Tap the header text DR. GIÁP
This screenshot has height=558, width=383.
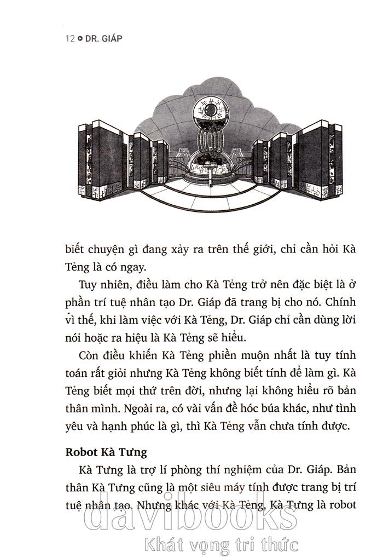pyautogui.click(x=103, y=39)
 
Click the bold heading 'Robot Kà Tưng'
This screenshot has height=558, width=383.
pyautogui.click(x=107, y=452)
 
